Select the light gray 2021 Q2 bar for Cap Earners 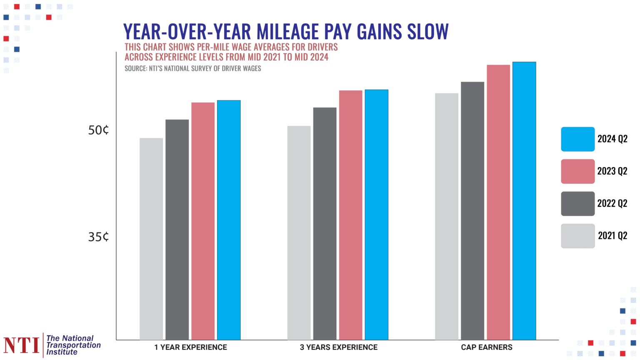[447, 217]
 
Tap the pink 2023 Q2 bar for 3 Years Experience [350, 215]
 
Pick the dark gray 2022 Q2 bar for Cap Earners [472, 211]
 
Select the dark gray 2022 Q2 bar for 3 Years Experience [325, 224]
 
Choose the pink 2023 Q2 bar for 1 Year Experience [203, 221]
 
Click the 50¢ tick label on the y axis [98, 130]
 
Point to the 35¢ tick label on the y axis [98, 237]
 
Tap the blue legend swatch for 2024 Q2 [577, 139]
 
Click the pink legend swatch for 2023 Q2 [577, 171]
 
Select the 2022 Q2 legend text [612, 204]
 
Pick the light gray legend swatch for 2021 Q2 [577, 236]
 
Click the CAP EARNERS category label [486, 347]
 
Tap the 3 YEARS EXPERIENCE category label [338, 347]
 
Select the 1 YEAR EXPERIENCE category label [190, 347]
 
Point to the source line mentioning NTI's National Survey [192, 68]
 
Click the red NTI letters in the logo [21, 345]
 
